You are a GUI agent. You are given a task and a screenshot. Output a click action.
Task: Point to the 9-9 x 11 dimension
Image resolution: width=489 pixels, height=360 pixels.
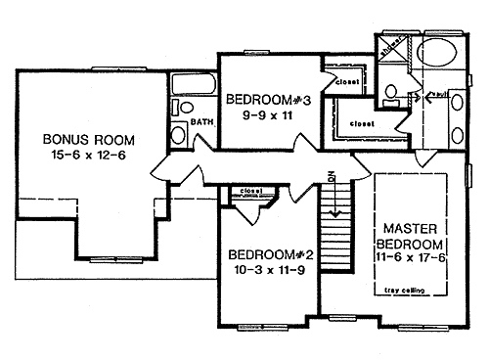click(260, 114)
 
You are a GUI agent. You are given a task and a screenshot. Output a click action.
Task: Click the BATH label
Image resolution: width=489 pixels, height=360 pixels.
click(201, 122)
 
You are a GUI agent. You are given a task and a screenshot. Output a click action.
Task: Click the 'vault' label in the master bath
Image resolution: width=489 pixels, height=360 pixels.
click(437, 94)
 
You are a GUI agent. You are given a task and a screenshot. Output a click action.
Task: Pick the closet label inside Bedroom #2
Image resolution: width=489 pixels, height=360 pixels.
click(248, 191)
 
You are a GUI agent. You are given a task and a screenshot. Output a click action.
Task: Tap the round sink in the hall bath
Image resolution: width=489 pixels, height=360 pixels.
click(178, 132)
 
